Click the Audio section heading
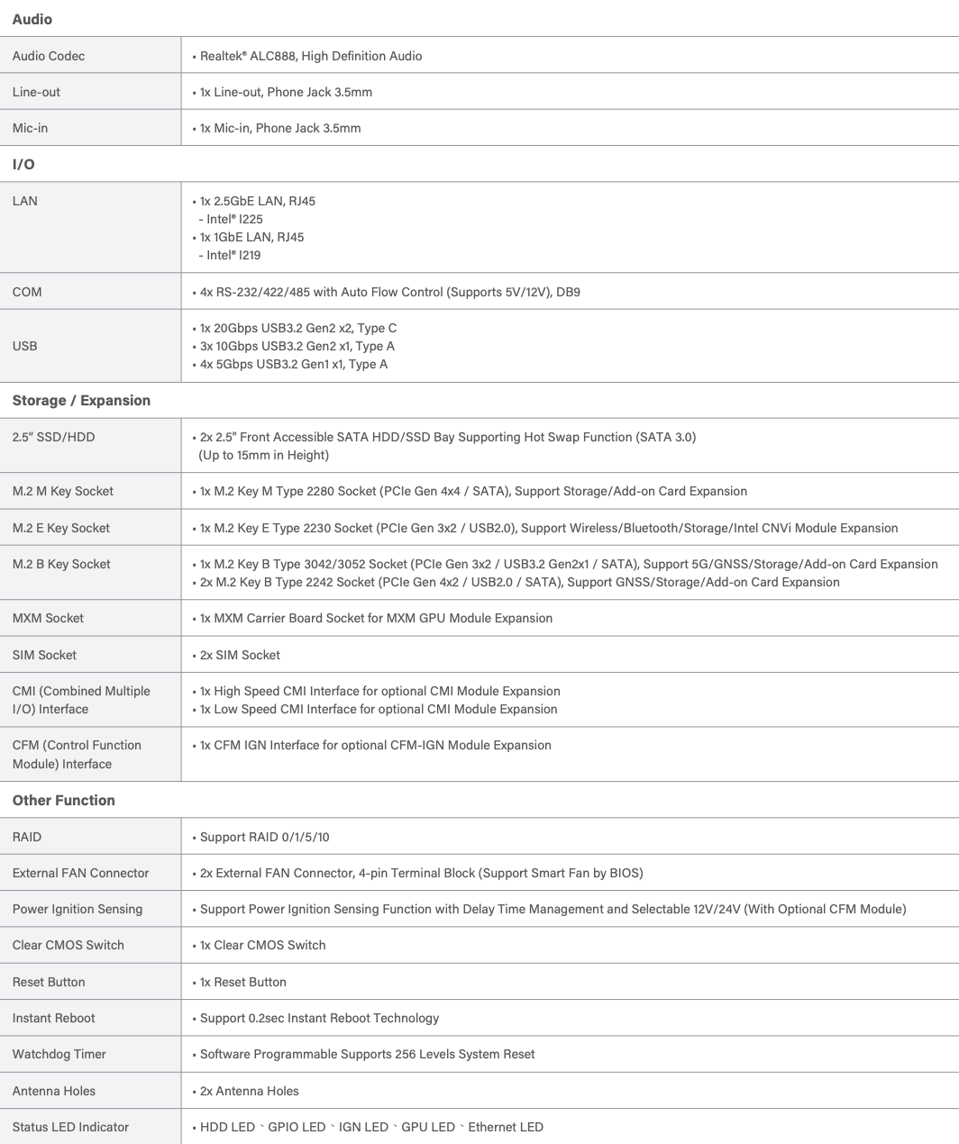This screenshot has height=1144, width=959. pyautogui.click(x=32, y=19)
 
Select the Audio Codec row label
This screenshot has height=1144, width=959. pyautogui.click(x=49, y=56)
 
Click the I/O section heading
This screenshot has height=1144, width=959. pyautogui.click(x=23, y=165)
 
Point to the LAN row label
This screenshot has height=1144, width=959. pyautogui.click(x=25, y=201)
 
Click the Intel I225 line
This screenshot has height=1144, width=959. pyautogui.click(x=232, y=219)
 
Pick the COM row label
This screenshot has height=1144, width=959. pyautogui.click(x=27, y=292)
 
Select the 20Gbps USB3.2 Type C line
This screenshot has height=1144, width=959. pyautogui.click(x=297, y=328)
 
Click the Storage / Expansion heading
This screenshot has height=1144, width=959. pyautogui.click(x=81, y=401)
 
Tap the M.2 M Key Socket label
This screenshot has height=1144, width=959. pyautogui.click(x=63, y=491)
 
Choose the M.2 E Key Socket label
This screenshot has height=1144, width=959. pyautogui.click(x=61, y=528)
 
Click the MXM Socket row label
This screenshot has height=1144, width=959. pyautogui.click(x=48, y=618)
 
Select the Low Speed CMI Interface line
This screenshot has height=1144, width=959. pyautogui.click(x=379, y=709)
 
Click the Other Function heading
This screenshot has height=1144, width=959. pyautogui.click(x=64, y=801)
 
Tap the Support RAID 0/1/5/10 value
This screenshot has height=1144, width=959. pyautogui.click(x=264, y=837)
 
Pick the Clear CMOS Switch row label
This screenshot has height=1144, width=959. pyautogui.click(x=68, y=945)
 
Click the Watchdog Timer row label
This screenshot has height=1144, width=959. pyautogui.click(x=59, y=1054)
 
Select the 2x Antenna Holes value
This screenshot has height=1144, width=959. pyautogui.click(x=249, y=1091)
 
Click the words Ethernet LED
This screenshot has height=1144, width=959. pyautogui.click(x=506, y=1127)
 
